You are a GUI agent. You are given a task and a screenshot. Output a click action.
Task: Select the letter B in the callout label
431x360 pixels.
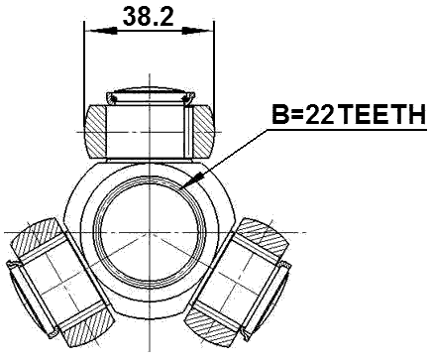281,117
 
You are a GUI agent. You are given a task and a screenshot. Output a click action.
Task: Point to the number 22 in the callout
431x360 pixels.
320,117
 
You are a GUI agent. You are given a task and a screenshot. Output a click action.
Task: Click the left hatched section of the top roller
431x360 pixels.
97,130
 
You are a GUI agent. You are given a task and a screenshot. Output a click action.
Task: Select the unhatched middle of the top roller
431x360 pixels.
149,130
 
